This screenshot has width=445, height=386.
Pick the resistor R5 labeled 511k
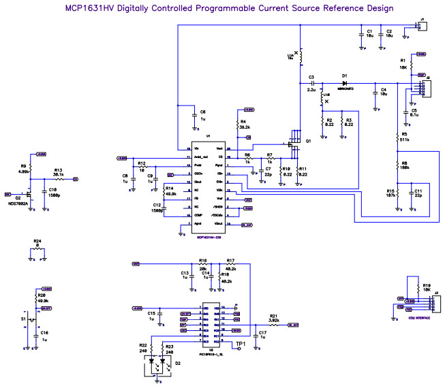(397, 138)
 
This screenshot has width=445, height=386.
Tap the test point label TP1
(239, 344)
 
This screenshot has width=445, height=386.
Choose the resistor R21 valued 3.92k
(273, 323)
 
